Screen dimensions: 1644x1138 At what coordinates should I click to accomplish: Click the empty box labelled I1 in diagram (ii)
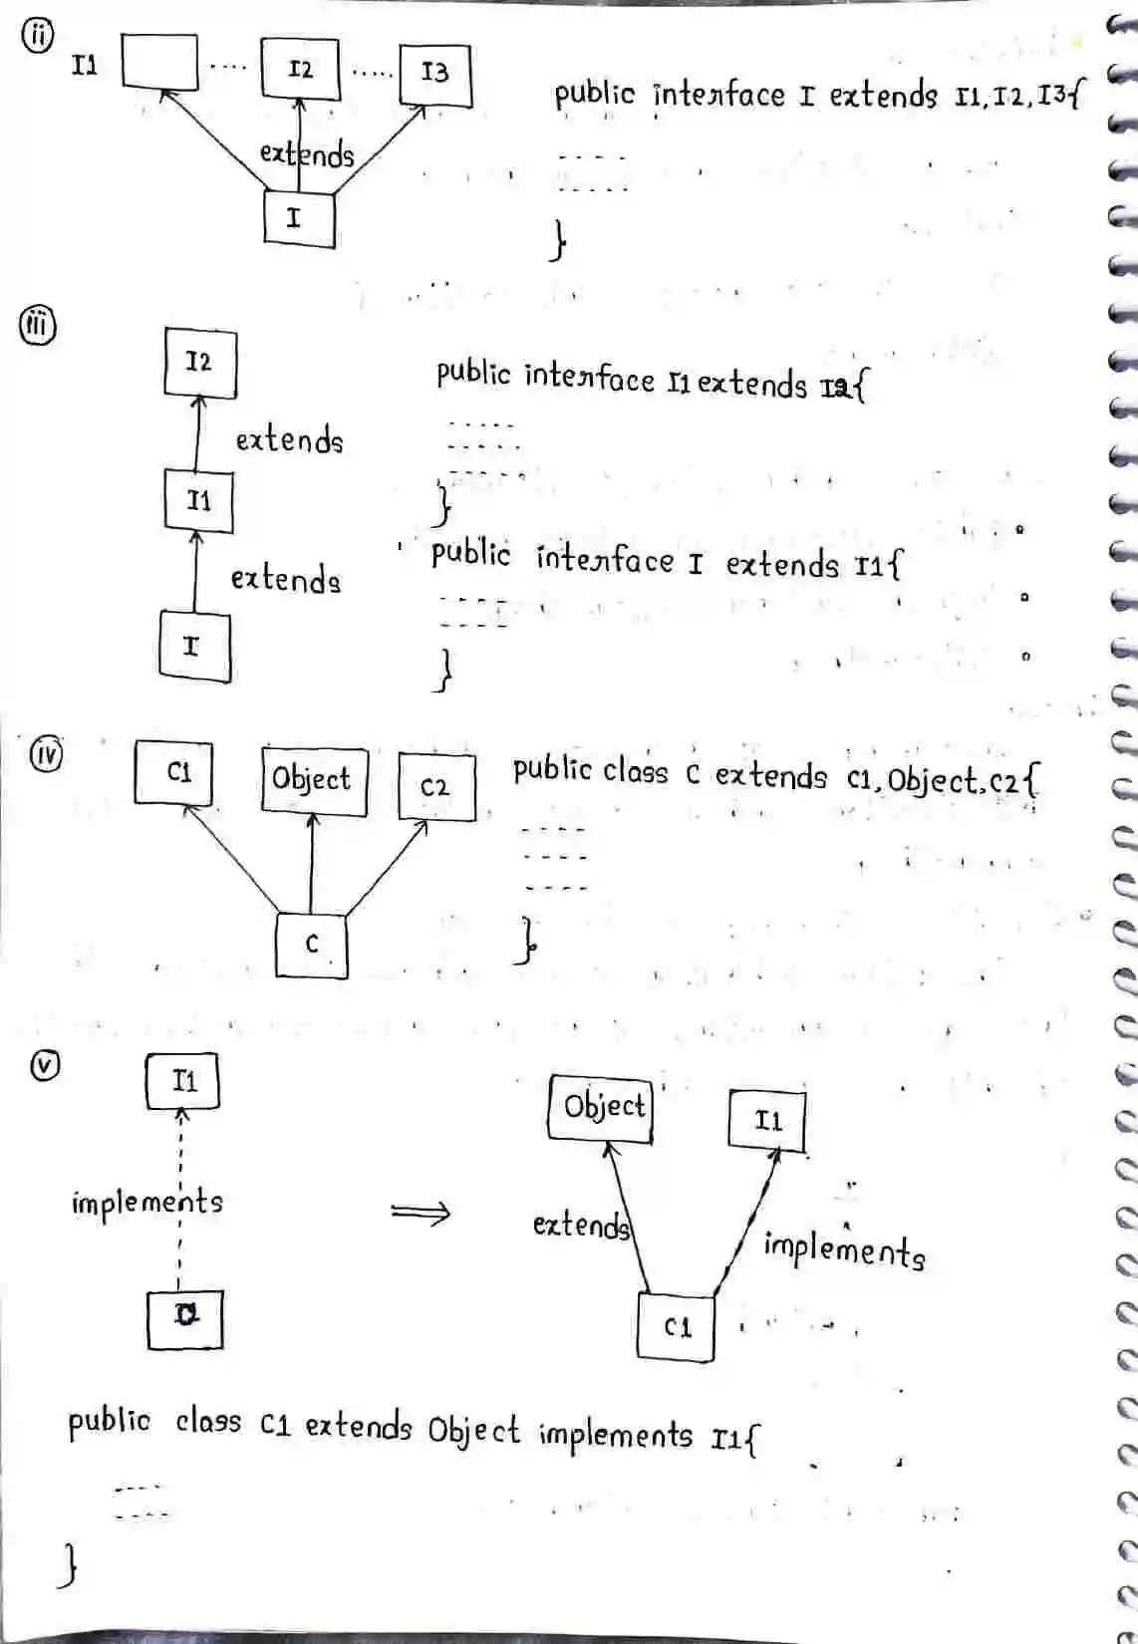click(159, 62)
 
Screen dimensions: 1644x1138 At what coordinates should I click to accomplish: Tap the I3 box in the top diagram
click(434, 74)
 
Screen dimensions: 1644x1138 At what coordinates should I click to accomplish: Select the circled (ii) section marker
click(37, 35)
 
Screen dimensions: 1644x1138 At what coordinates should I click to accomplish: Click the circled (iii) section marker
click(38, 326)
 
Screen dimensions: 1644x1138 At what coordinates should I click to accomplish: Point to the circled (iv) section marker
click(44, 753)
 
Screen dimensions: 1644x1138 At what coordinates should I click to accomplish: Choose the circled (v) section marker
click(44, 1065)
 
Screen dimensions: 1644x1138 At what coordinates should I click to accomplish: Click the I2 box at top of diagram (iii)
click(199, 363)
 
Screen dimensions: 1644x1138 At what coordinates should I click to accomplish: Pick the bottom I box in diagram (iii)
click(194, 648)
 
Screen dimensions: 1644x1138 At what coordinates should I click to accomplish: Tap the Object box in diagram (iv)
click(313, 780)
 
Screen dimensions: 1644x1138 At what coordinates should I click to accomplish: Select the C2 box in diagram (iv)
click(436, 787)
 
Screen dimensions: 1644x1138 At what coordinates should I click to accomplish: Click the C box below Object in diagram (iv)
click(312, 944)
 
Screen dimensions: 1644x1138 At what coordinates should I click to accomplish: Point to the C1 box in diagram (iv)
click(174, 772)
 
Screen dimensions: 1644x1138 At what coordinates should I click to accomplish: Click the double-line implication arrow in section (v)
click(420, 1213)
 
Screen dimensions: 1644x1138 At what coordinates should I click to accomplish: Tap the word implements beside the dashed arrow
click(147, 1201)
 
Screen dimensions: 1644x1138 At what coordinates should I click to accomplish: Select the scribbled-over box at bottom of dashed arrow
click(184, 1319)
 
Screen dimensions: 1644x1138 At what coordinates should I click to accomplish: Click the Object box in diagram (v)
click(601, 1108)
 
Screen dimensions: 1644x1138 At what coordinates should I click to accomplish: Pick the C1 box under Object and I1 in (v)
click(676, 1327)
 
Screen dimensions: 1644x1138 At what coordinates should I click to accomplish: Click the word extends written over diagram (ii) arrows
click(307, 155)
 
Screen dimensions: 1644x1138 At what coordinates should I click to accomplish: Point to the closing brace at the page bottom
click(68, 1565)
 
